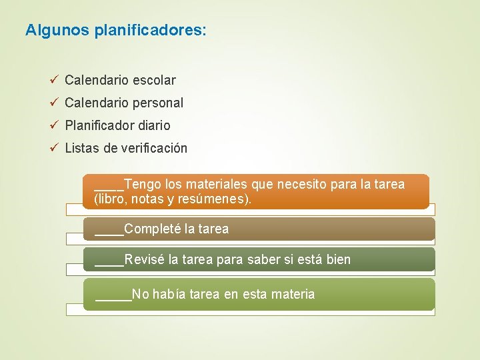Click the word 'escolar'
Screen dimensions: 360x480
tap(154, 81)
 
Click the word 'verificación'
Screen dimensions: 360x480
tap(155, 148)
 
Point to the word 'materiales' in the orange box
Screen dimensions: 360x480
tap(215, 184)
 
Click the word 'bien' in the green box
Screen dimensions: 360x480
tap(339, 259)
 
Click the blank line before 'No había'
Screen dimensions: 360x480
tap(113, 297)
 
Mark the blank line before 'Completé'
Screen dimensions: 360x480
tap(109, 233)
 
